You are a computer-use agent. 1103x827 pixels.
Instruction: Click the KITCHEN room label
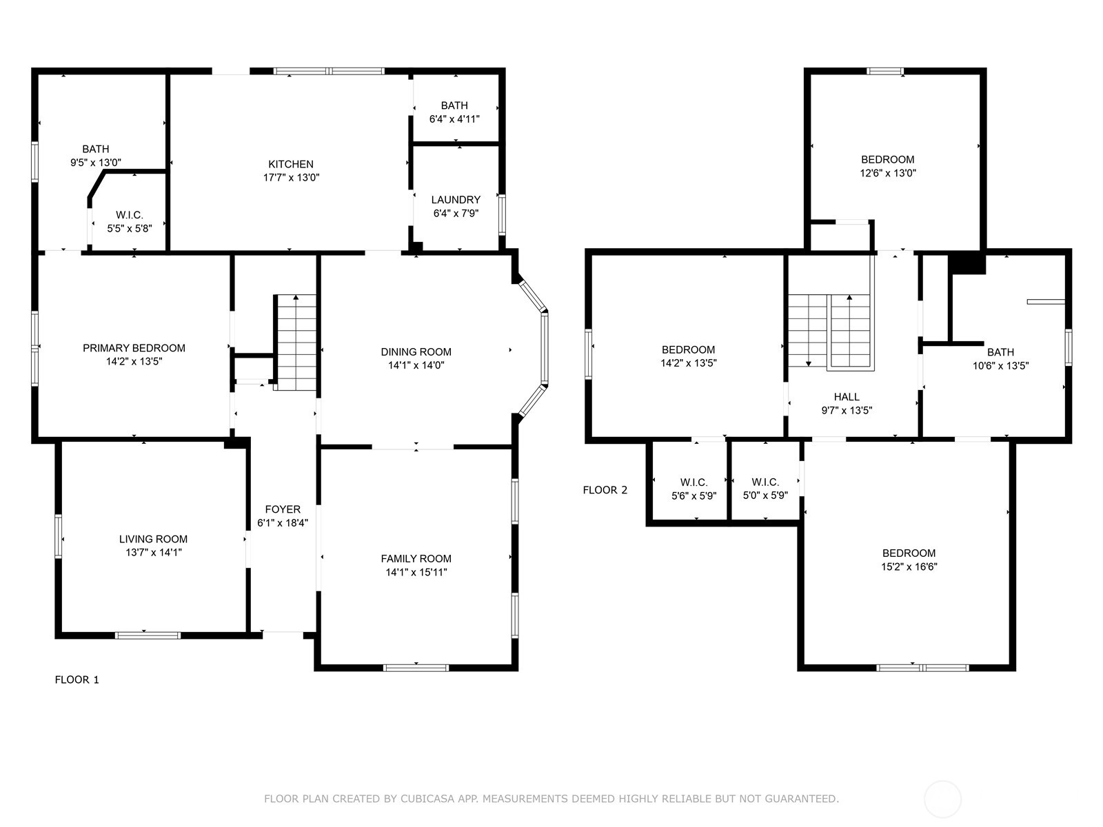(290, 164)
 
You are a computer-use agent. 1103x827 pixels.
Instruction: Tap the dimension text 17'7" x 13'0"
(291, 178)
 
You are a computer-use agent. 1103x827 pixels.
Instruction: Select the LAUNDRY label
(456, 200)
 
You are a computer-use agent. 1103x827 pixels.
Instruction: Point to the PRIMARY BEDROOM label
(134, 348)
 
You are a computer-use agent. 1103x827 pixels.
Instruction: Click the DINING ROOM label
(416, 352)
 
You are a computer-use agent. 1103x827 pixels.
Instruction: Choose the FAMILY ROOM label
(416, 558)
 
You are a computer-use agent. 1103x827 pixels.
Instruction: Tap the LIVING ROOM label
(153, 539)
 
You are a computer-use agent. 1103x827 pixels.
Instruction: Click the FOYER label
(283, 509)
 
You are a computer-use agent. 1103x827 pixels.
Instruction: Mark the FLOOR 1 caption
(77, 680)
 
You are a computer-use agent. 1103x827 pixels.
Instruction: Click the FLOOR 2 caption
(605, 490)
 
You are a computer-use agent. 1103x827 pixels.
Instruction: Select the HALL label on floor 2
(847, 397)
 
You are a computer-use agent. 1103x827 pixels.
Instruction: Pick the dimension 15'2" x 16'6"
(909, 567)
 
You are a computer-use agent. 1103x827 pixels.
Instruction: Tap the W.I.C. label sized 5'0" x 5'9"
(765, 482)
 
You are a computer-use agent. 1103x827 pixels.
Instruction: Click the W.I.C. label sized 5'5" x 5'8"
(130, 215)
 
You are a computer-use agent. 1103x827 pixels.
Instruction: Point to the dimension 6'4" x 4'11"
(454, 119)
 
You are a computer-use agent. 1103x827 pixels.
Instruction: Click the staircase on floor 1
(296, 343)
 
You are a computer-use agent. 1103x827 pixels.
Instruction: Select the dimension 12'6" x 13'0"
(888, 173)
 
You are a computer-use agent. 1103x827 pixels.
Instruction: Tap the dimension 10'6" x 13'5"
(1000, 366)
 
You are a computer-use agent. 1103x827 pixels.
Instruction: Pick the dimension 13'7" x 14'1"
(153, 553)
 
